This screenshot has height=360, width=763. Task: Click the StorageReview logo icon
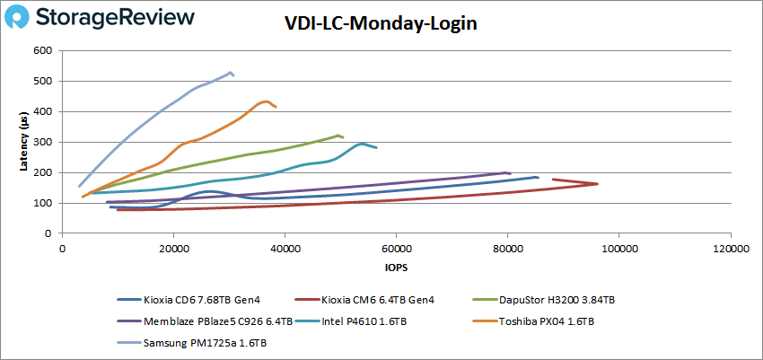click(x=23, y=18)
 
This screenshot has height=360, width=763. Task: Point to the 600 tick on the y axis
click(x=43, y=51)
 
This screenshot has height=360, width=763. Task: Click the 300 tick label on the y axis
click(x=43, y=142)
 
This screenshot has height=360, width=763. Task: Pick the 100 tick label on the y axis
click(x=43, y=203)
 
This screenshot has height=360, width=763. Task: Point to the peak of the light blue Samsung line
click(x=231, y=72)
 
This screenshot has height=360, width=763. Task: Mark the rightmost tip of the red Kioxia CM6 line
click(x=598, y=184)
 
